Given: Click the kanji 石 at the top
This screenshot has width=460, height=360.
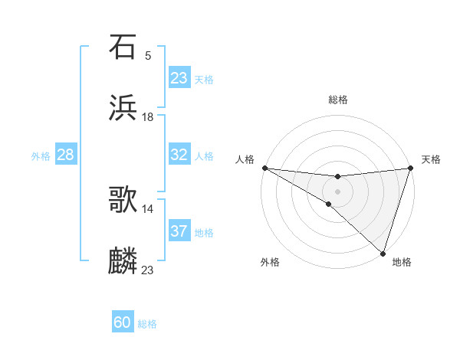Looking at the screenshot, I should (123, 47).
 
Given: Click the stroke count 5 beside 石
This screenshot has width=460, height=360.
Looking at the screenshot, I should (148, 55).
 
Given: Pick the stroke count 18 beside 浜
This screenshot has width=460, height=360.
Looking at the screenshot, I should (148, 116).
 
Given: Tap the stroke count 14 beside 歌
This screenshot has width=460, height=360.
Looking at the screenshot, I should (148, 208).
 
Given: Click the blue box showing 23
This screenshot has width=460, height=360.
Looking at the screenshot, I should (179, 78).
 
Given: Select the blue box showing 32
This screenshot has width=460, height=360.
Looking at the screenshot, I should (179, 155).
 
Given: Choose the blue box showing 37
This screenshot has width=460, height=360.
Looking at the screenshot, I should (179, 231).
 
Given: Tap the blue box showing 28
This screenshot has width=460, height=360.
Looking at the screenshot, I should (66, 155).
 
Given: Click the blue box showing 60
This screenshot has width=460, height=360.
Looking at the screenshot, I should (123, 323).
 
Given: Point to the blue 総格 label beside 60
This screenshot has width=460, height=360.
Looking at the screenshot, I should (147, 324).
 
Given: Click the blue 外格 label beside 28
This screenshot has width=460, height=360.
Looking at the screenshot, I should (41, 155).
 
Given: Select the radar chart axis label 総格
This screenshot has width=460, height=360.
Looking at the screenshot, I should (338, 100).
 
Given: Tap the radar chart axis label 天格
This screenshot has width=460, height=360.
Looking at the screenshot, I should (431, 159).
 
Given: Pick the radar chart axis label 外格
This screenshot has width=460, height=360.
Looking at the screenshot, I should (270, 262).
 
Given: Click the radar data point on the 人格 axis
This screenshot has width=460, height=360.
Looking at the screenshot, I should (264, 168).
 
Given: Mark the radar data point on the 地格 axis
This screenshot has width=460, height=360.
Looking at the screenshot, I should (383, 254).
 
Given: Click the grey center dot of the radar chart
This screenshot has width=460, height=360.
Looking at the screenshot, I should (337, 191).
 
